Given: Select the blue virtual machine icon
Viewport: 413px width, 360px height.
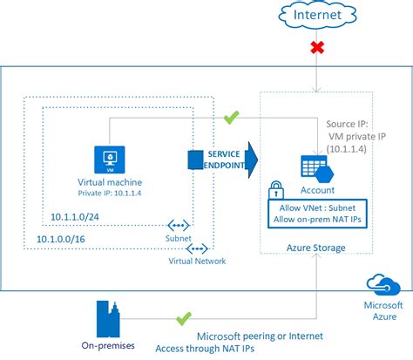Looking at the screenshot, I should pos(111,159).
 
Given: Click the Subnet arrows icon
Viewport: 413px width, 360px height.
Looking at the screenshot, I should pos(179,225).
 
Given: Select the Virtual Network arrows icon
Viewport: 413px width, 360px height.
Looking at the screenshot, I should pos(198,248).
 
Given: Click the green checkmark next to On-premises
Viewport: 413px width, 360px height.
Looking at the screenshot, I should pos(183,320).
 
